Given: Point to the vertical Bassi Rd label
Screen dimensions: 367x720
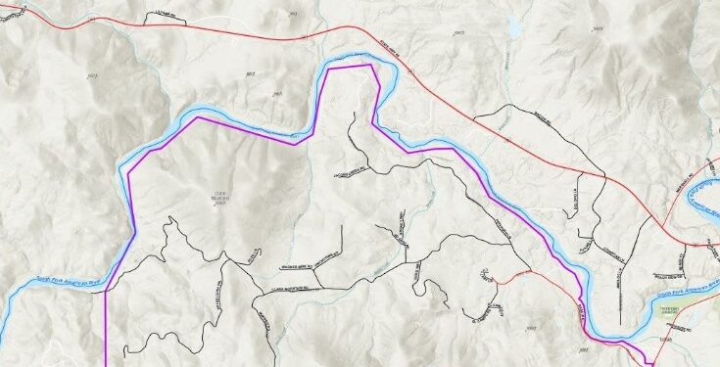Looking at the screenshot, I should (623, 283).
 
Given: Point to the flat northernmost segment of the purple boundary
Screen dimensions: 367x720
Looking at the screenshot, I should (351, 68).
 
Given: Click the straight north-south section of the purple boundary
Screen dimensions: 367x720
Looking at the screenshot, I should (105, 313).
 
